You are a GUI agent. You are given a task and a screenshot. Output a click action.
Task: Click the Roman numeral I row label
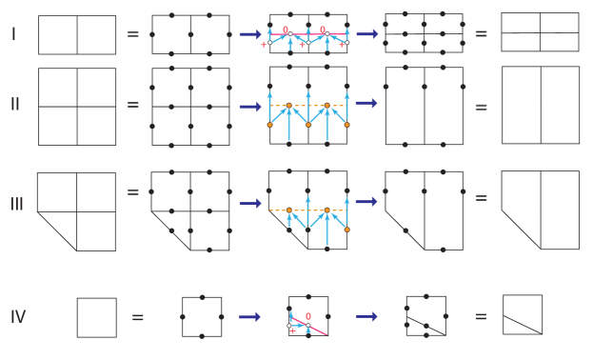(x=13, y=34)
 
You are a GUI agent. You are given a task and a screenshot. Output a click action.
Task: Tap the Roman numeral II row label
(x=15, y=105)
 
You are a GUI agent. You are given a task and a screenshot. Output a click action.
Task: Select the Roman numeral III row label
(x=17, y=204)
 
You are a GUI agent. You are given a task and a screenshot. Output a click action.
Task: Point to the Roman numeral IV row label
(x=18, y=316)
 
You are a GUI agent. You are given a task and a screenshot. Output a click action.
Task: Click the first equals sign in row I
(x=133, y=34)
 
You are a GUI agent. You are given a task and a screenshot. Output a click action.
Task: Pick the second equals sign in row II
(x=481, y=106)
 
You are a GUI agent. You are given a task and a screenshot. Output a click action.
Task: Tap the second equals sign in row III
(x=481, y=198)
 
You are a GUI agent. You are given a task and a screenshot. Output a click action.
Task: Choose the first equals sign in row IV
(x=138, y=316)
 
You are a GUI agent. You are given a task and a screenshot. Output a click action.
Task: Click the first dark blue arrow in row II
(x=249, y=107)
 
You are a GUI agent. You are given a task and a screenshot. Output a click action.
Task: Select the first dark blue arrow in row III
(x=249, y=203)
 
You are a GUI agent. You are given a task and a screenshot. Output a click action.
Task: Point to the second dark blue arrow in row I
(x=366, y=34)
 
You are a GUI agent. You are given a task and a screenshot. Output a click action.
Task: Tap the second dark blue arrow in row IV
(x=366, y=316)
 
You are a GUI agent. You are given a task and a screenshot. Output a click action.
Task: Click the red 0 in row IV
(x=308, y=316)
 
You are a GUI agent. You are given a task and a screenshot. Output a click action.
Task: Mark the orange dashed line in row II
(x=307, y=106)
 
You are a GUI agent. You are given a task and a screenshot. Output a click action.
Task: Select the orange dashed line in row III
(x=307, y=210)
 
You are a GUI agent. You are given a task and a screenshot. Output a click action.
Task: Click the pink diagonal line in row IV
(x=314, y=327)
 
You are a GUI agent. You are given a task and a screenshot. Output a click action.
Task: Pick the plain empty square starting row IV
(x=96, y=317)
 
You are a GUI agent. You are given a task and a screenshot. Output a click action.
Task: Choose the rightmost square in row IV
(x=523, y=314)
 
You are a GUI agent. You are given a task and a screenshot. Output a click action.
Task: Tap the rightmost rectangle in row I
(x=540, y=32)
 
